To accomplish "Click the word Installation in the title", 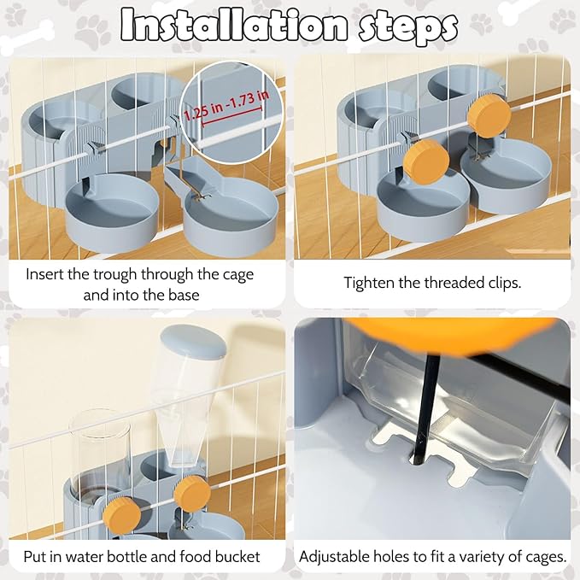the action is (234, 25).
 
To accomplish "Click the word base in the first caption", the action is (184, 296).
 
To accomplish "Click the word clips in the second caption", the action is (503, 284).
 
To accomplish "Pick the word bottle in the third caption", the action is (155, 556).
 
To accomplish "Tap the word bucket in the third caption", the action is (237, 556).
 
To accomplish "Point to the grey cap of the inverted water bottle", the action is (193, 341).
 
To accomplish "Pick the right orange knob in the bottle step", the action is (192, 494).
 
